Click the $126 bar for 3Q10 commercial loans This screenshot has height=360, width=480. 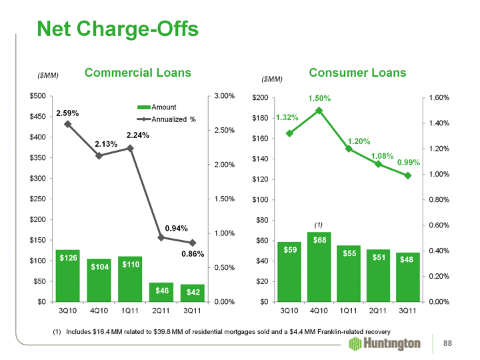pos(67,275)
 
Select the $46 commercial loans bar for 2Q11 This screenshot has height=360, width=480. pos(161,292)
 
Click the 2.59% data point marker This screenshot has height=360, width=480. pos(67,124)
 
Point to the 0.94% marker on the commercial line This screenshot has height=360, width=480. pos(161,237)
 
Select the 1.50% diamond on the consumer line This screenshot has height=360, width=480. pos(319,111)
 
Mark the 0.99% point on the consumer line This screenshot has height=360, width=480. pos(407,175)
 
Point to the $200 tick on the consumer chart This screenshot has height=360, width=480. pos(261,98)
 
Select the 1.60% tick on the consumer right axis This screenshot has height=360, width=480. pos(437,98)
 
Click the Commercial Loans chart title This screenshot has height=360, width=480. pos(137,73)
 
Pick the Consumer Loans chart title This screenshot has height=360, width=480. pos(357,72)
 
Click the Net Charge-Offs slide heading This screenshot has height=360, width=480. pos(117,29)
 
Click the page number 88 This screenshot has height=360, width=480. pos(456,343)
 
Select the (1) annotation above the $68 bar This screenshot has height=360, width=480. pos(319,224)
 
